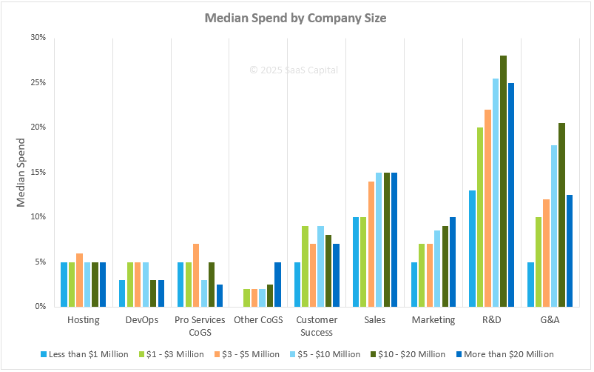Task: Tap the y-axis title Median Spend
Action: (22, 172)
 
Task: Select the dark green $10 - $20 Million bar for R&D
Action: (503, 181)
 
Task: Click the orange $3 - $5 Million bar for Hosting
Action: (80, 280)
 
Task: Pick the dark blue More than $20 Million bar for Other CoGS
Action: (277, 285)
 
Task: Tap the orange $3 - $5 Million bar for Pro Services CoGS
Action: (196, 276)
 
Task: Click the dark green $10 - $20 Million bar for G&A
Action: (561, 215)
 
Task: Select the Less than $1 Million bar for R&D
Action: (472, 248)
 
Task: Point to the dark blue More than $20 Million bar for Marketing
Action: (453, 262)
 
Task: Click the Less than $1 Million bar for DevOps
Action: (123, 293)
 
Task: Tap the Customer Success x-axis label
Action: (317, 325)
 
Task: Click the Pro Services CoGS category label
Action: (200, 325)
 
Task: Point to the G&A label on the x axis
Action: (550, 320)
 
